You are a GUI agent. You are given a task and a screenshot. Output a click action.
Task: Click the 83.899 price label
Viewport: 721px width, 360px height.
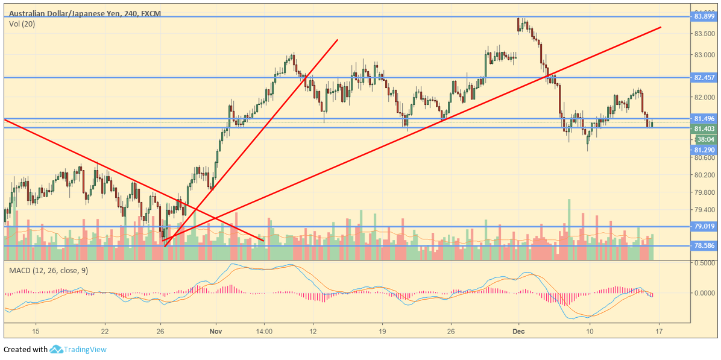coord(704,16)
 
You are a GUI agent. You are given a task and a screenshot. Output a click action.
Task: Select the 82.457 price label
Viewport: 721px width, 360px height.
coord(704,78)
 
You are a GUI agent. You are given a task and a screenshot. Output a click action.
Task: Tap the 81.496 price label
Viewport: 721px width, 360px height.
coord(704,119)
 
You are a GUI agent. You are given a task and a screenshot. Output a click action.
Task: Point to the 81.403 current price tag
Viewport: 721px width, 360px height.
coord(704,129)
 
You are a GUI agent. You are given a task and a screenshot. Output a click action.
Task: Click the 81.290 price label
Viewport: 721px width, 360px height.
coord(704,150)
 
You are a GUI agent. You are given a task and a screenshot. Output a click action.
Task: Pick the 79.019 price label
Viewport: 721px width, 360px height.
coord(704,227)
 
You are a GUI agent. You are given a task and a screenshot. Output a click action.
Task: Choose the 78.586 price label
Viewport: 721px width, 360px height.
coord(704,245)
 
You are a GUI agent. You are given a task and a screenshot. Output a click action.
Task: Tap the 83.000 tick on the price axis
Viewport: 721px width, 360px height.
coord(704,55)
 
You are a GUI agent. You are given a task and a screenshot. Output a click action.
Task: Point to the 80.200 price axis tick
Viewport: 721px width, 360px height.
coord(704,175)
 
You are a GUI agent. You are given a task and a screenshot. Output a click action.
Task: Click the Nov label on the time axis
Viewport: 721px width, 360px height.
coord(216,332)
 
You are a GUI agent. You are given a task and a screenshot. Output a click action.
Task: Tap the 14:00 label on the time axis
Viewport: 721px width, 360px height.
coord(264,332)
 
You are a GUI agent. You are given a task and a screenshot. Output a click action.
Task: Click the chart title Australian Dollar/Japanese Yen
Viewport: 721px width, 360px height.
coord(59,13)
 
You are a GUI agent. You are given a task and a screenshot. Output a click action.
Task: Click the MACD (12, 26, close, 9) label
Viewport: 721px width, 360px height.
coord(48,270)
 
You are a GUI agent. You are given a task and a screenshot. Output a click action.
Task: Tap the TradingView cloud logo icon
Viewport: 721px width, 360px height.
coord(57,349)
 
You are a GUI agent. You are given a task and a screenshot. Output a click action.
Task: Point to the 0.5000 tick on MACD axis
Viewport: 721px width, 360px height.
coord(704,264)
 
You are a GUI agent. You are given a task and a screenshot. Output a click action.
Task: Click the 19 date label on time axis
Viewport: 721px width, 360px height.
coord(382,332)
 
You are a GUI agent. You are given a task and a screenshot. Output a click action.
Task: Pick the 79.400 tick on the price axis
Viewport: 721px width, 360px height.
coord(704,210)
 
